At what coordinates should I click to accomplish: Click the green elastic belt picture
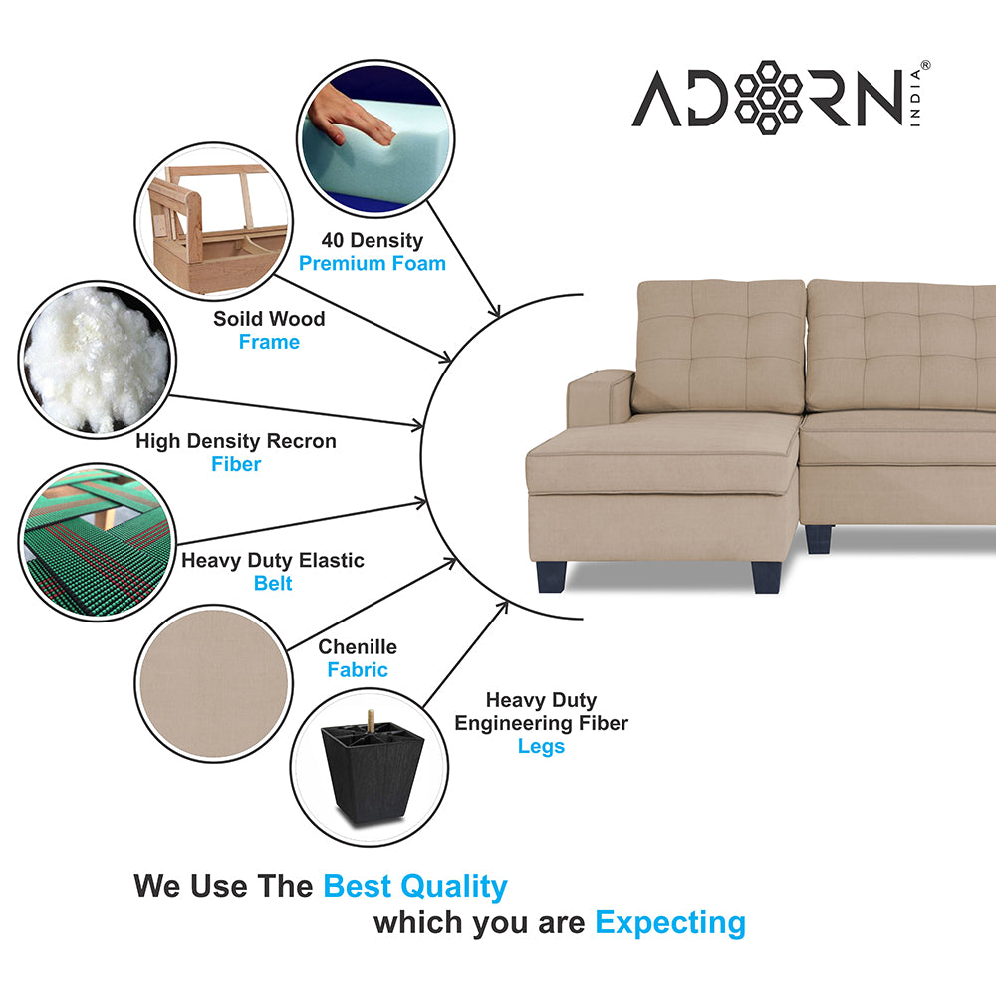coord(97,541)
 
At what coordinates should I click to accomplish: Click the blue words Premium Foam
coord(373,264)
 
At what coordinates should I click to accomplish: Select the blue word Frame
coord(269,342)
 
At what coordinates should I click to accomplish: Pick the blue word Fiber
coord(236,464)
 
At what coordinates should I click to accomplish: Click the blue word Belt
coord(273,584)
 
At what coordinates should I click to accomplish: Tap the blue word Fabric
coord(358,670)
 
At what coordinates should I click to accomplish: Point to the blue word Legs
coord(541,746)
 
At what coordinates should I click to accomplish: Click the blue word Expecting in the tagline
coord(669,923)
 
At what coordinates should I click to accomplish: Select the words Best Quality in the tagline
coord(415,886)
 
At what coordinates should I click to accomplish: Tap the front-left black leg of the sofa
coord(552,576)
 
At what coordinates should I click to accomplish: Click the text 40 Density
coord(372,240)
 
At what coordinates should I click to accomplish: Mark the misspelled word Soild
coord(237,319)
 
